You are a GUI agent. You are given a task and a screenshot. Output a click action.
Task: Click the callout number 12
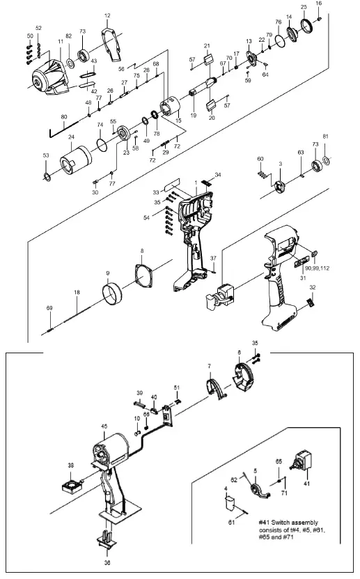107,15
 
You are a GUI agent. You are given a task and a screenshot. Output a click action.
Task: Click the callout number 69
49,307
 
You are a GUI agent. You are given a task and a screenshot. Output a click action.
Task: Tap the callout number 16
319,3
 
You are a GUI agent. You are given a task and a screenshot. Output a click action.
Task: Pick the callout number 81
324,155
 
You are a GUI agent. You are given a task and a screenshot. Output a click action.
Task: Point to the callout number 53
46,155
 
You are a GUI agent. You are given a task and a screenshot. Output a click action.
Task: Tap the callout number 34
218,175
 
